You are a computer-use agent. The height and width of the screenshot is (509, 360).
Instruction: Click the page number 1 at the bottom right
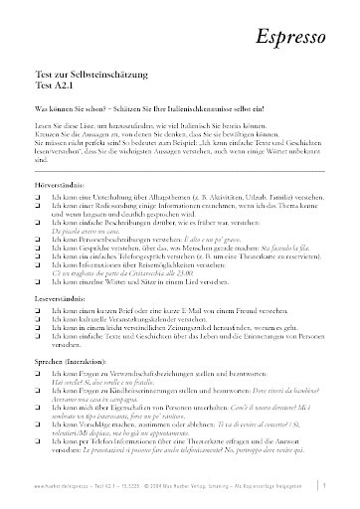(x=341, y=486)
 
